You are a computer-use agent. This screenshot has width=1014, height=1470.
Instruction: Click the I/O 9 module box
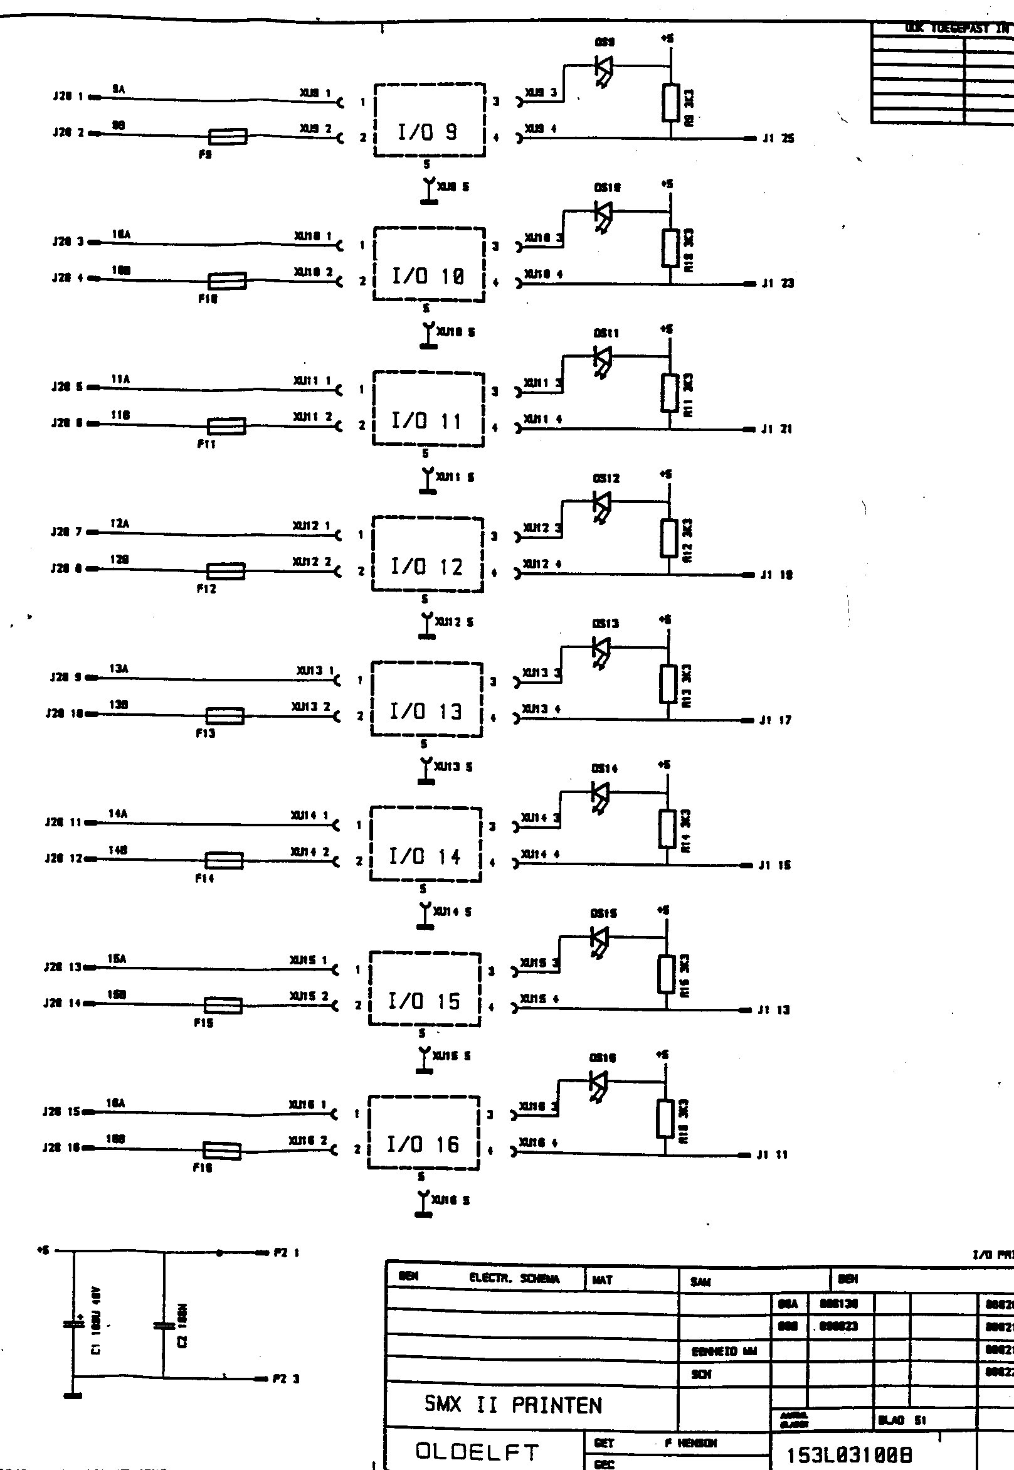coord(429,120)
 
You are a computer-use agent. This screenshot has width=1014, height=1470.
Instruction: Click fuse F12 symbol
coord(226,571)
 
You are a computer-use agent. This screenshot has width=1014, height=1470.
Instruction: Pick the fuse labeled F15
coord(223,1006)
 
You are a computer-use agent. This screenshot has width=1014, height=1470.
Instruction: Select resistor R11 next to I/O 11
coord(669,393)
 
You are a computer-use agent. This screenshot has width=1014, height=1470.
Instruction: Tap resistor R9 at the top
coord(671,102)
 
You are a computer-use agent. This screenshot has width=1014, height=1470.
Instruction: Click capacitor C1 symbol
coord(73,1324)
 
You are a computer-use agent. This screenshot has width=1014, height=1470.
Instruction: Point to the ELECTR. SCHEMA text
coord(514,1279)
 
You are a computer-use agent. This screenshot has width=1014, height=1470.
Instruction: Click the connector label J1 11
coord(772,1156)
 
